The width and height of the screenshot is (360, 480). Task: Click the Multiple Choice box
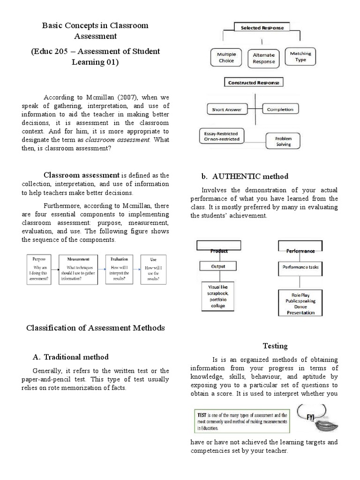click(226, 58)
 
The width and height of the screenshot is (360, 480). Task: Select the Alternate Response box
click(263, 58)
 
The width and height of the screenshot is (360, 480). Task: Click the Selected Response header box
click(262, 28)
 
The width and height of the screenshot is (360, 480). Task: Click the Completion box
click(280, 110)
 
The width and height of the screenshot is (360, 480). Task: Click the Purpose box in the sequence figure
click(39, 270)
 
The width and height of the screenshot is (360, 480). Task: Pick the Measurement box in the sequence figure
click(78, 270)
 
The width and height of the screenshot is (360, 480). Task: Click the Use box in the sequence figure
click(153, 270)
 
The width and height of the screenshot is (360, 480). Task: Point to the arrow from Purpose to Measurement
click(55, 270)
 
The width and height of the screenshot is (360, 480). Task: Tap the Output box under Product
click(218, 267)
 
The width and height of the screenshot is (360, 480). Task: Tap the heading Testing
click(275, 346)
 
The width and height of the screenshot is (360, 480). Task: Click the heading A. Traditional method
click(70, 357)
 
